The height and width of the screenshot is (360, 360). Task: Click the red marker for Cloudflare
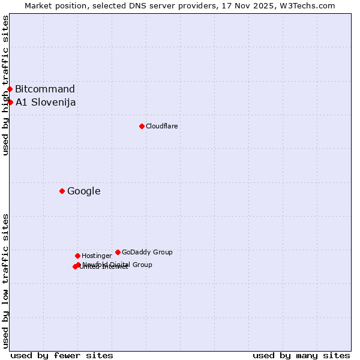[142, 126]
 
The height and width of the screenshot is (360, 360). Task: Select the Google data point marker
[62, 191]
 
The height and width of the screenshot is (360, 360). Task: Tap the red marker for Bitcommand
[10, 89]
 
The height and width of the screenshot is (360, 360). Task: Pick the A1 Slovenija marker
[10, 102]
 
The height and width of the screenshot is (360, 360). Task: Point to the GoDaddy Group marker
[118, 252]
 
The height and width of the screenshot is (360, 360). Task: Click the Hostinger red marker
[77, 256]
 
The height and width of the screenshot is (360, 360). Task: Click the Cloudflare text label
[161, 126]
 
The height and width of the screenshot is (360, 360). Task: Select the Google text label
[84, 191]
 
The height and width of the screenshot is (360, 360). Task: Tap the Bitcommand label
[45, 89]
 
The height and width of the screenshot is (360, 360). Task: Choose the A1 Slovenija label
[46, 103]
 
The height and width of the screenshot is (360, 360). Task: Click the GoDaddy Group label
[147, 252]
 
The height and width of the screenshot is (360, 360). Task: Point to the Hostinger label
[97, 256]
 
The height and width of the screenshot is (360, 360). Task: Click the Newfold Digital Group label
[118, 265]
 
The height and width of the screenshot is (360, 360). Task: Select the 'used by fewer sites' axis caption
[62, 355]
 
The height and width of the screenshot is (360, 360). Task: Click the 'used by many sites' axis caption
[301, 355]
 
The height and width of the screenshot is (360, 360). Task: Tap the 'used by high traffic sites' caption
[5, 85]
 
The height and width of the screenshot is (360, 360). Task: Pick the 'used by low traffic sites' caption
[5, 281]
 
